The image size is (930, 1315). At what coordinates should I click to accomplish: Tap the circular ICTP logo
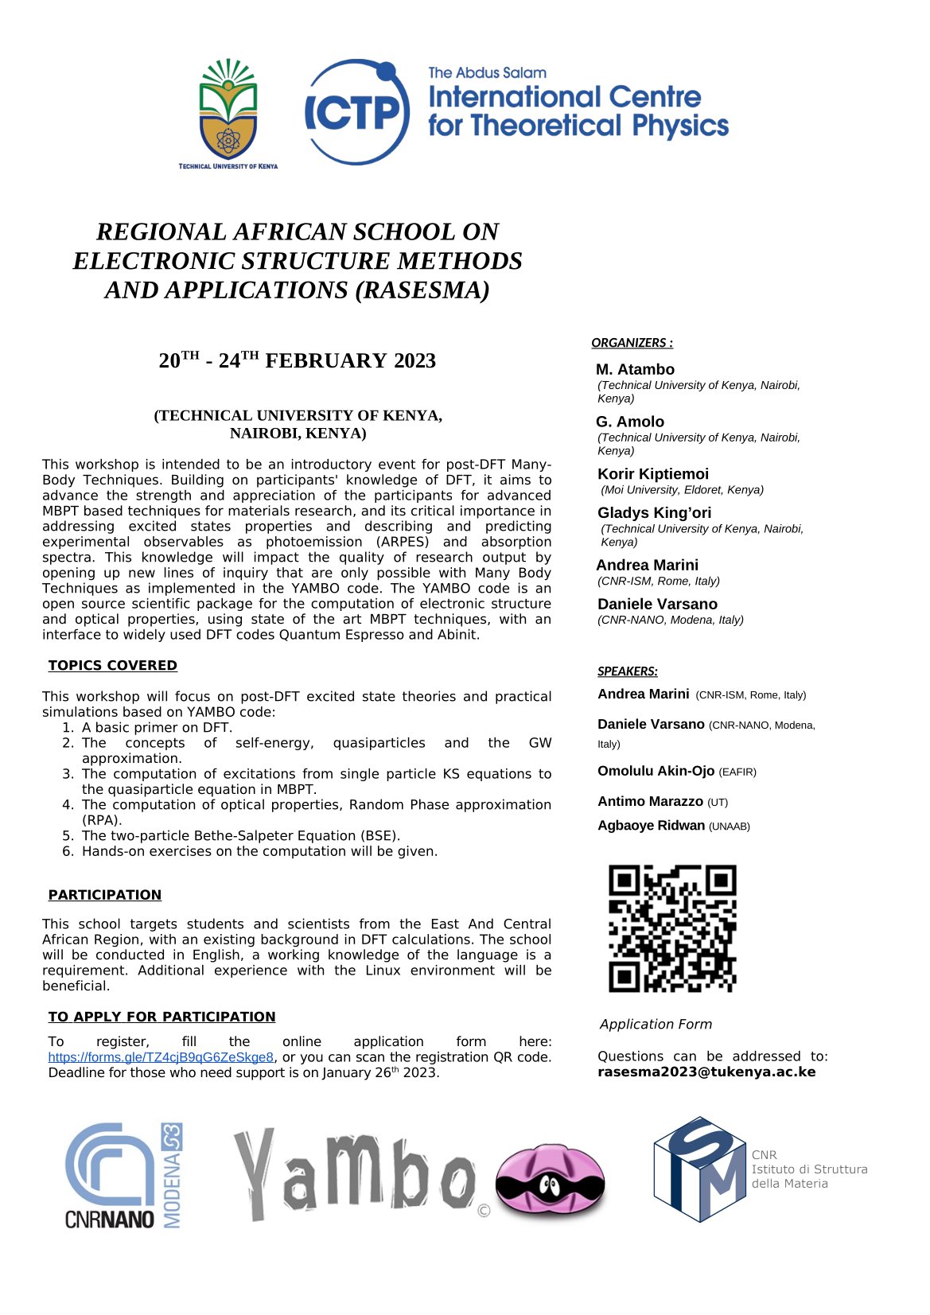[357, 112]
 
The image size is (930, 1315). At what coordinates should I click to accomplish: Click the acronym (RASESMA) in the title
[422, 290]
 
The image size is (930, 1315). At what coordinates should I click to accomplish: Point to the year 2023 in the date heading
[414, 361]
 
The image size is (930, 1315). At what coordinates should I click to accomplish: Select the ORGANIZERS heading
[632, 343]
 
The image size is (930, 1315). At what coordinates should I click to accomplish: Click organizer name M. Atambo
[635, 369]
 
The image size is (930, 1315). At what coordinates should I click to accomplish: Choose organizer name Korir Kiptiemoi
[652, 474]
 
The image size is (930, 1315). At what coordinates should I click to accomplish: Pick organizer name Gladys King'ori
[654, 513]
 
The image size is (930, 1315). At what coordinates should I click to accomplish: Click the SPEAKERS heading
[627, 671]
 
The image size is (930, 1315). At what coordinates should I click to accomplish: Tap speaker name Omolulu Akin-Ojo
[656, 771]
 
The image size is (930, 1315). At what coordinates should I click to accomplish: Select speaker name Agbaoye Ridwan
[651, 826]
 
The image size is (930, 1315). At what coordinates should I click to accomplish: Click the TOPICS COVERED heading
[112, 666]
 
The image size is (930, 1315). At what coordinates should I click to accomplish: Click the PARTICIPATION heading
[104, 895]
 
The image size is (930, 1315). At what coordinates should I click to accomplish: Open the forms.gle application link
[161, 1057]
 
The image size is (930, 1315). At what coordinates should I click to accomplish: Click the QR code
[672, 928]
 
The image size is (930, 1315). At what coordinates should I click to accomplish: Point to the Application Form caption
[656, 1025]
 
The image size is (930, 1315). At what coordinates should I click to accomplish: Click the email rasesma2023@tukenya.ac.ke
[706, 1072]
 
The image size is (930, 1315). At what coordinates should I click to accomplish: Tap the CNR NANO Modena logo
[123, 1176]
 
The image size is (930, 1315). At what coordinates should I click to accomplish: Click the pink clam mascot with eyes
[550, 1182]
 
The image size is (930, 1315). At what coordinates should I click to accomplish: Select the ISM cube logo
[698, 1169]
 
